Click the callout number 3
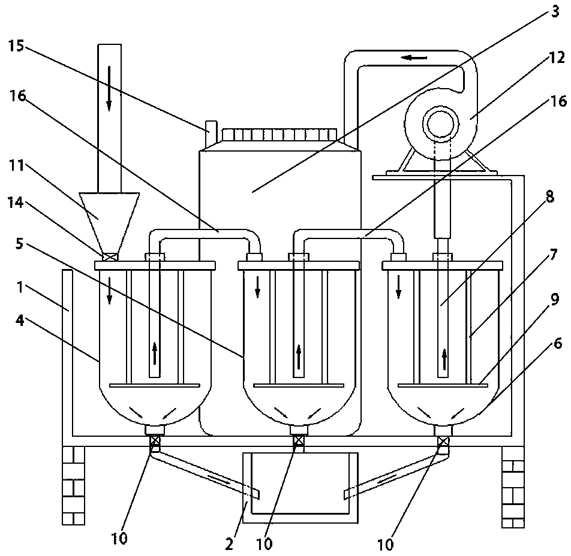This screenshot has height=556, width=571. [555, 11]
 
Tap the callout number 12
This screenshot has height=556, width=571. [557, 58]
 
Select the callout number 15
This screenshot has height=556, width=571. [16, 46]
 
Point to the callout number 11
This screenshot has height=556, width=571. [16, 165]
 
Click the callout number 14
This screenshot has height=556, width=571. [16, 203]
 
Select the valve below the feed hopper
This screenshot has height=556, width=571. [110, 257]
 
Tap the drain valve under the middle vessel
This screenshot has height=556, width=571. [299, 440]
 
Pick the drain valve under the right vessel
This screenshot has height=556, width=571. [443, 441]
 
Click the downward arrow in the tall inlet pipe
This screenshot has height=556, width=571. [109, 88]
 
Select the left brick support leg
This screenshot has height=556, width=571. [73, 485]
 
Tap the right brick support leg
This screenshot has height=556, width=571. [513, 487]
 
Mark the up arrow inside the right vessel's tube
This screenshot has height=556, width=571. [444, 359]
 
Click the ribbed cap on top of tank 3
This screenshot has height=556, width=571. [279, 135]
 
